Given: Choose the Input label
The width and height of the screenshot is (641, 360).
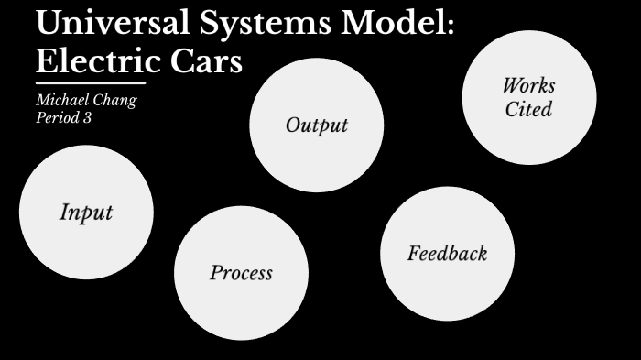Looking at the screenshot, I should (x=86, y=213).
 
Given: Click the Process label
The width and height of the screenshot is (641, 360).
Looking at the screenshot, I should (x=241, y=273).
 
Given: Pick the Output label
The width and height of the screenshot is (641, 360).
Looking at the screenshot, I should (x=317, y=125).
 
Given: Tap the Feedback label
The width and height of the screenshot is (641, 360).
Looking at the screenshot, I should (x=447, y=254).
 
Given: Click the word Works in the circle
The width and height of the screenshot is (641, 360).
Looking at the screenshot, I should (x=528, y=86).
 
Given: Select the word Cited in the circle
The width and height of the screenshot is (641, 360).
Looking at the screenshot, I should (x=528, y=109).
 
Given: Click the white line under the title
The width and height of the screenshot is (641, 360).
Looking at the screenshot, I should (x=91, y=83).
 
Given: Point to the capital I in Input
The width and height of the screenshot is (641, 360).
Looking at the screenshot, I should (x=64, y=213).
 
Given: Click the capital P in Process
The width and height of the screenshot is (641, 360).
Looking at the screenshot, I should (x=216, y=272).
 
